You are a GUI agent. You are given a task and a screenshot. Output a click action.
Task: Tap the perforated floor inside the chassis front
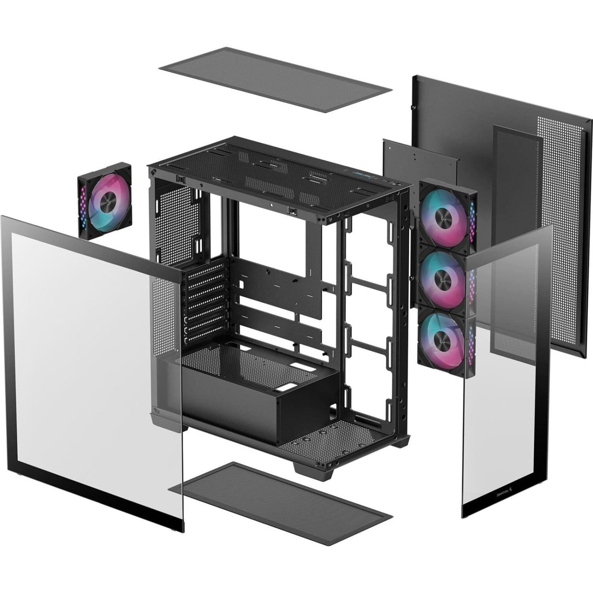(x=335, y=436)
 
